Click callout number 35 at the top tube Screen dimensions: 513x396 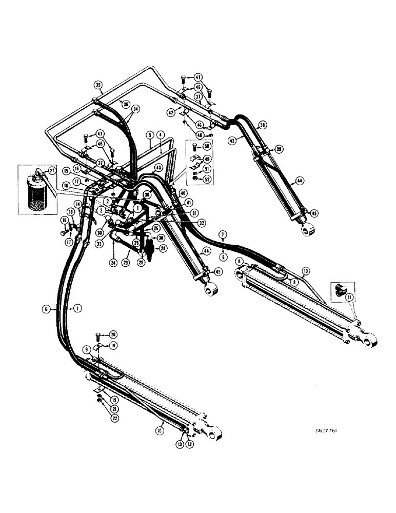[x=98, y=85]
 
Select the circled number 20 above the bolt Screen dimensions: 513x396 [x=112, y=333]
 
